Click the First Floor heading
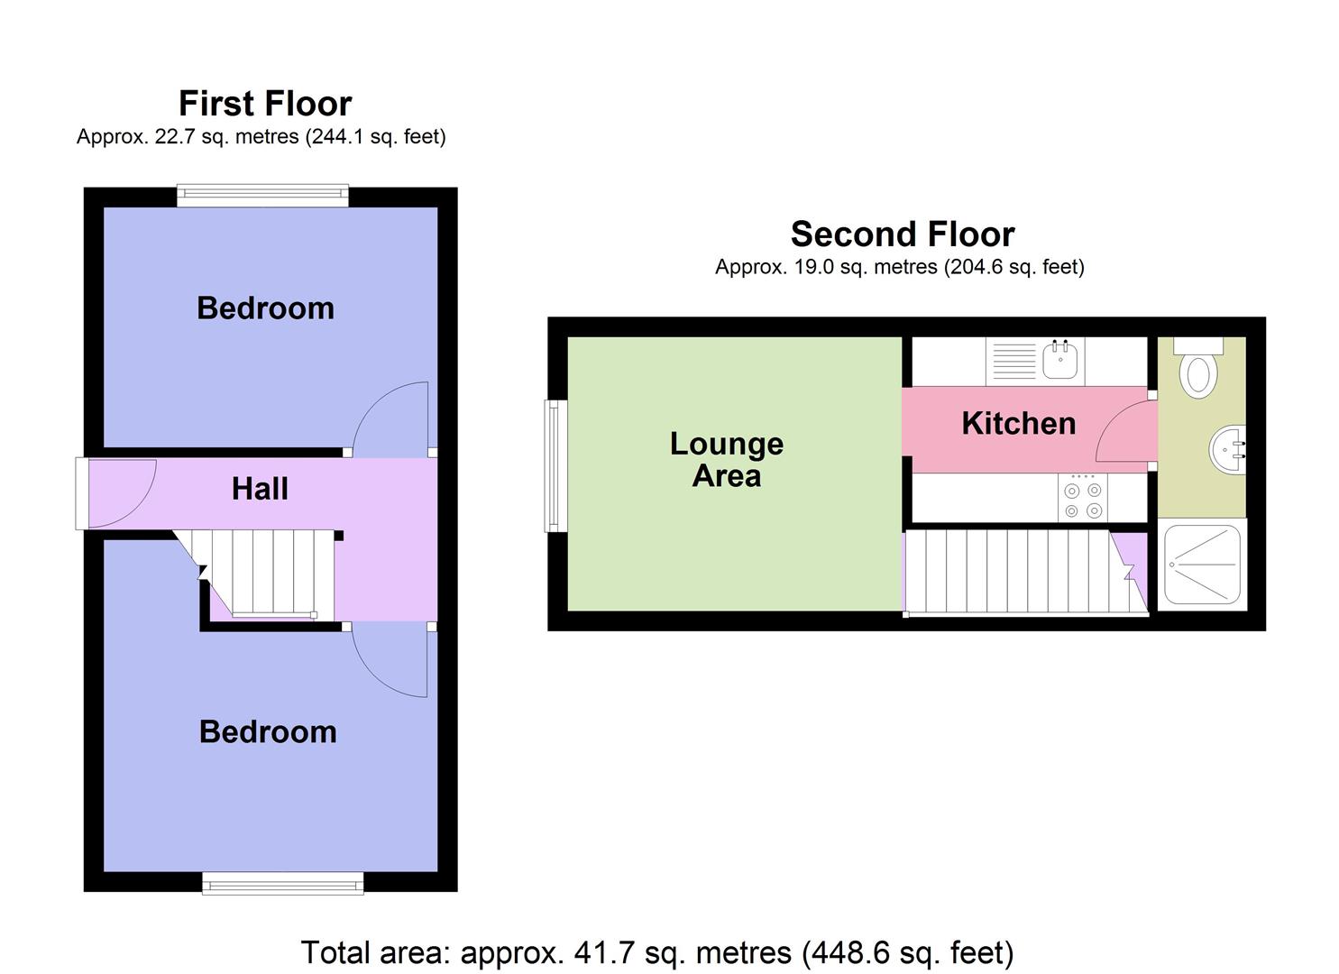(265, 104)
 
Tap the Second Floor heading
(903, 234)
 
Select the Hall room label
(260, 489)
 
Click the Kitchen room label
(1018, 424)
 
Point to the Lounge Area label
(727, 460)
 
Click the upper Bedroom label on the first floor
(265, 308)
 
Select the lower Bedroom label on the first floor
(268, 731)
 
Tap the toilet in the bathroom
(1198, 370)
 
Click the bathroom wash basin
(1227, 449)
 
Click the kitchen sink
(1060, 361)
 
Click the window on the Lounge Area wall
(555, 465)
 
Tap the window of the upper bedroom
(262, 195)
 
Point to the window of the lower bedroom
(282, 883)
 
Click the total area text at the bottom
(656, 952)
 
